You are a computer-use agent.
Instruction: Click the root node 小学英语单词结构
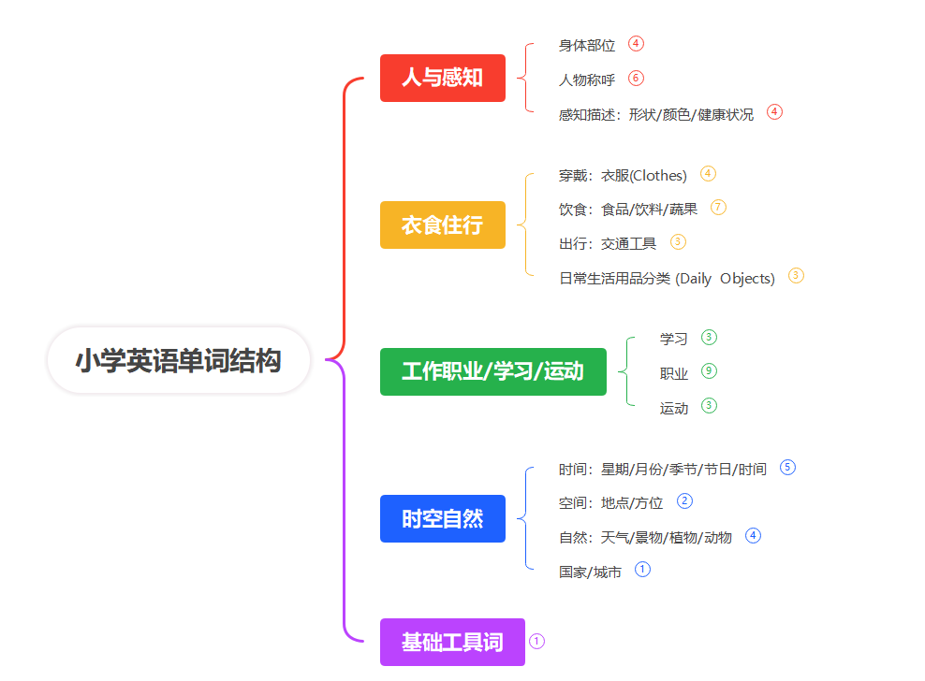(x=179, y=360)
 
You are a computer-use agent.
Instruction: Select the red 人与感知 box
(x=442, y=78)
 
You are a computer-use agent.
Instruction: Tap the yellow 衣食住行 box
(x=442, y=225)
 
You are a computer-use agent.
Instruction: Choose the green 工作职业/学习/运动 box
(x=492, y=371)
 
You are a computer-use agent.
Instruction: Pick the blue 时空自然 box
(x=442, y=518)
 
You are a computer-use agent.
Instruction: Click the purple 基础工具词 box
(x=452, y=642)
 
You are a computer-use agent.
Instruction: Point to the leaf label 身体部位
(x=587, y=45)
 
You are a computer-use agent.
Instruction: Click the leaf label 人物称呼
(x=587, y=80)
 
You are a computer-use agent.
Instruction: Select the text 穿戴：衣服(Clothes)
(x=623, y=175)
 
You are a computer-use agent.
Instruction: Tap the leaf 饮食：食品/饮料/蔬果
(x=628, y=209)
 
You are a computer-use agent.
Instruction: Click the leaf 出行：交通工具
(x=608, y=243)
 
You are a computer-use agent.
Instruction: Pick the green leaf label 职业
(x=674, y=373)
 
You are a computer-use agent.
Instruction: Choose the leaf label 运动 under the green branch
(x=674, y=408)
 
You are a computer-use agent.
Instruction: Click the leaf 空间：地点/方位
(x=610, y=502)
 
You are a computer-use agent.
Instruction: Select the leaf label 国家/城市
(x=590, y=572)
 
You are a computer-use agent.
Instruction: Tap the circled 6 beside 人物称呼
(x=637, y=78)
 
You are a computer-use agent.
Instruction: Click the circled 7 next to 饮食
(x=718, y=207)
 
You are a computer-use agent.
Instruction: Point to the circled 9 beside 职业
(x=709, y=371)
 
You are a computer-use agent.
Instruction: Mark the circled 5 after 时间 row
(x=787, y=467)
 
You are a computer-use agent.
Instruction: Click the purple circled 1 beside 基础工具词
(x=536, y=641)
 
